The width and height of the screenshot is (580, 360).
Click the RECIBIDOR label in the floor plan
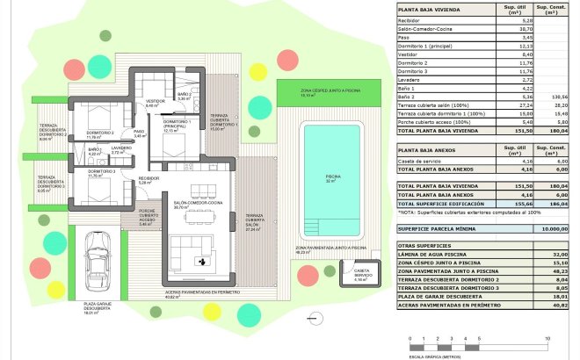149,179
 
